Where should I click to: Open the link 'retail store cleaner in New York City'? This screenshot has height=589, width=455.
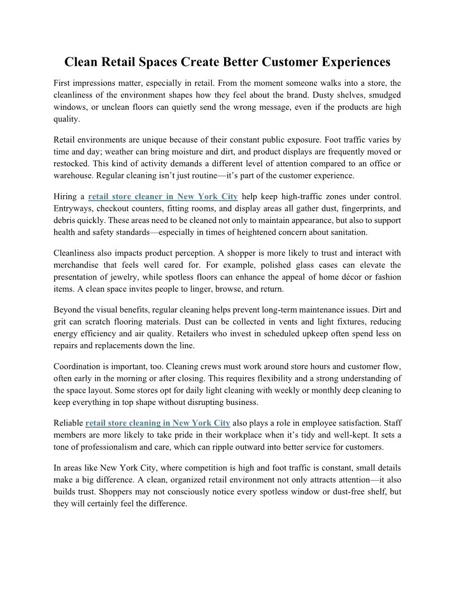tap(163, 196)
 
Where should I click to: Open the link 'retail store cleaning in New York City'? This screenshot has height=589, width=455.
tap(158, 423)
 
